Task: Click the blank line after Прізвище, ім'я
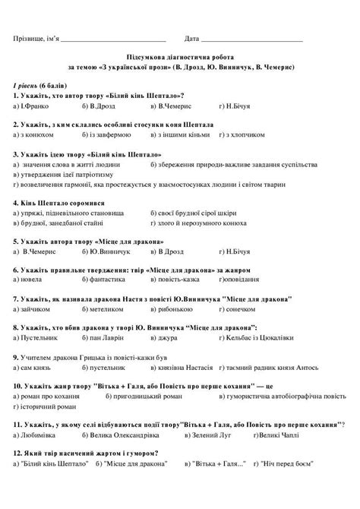pos(112,39)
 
